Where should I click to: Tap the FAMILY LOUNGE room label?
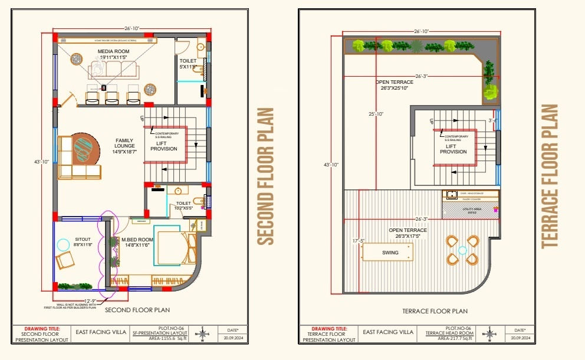[125, 146]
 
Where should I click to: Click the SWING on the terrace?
[390, 253]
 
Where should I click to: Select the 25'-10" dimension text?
[376, 114]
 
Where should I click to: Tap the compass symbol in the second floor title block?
[203, 334]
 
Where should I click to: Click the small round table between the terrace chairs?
[462, 250]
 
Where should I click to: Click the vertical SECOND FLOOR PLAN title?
[267, 176]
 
